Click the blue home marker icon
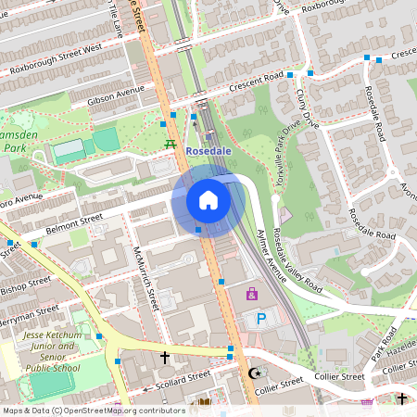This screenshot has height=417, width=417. (208, 200)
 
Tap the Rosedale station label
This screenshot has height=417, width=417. (208, 150)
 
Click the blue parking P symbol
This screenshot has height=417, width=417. (260, 319)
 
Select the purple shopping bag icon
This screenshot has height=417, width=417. (251, 294)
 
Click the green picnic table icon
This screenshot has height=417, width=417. (170, 144)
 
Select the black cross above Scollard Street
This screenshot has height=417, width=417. (165, 357)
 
